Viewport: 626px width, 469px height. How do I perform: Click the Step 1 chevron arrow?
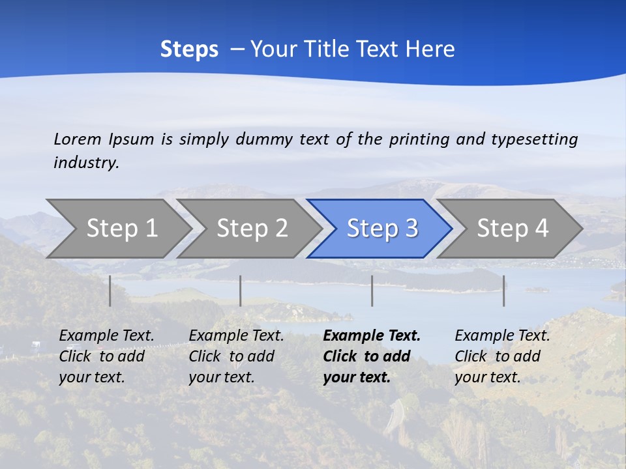(121, 229)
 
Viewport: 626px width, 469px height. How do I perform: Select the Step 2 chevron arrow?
(251, 229)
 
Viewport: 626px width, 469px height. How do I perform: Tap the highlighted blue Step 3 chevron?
(381, 229)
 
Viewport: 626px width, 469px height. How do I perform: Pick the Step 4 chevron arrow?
(512, 229)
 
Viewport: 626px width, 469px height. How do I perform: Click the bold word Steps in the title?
(189, 50)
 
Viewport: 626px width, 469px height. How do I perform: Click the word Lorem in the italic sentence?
(78, 139)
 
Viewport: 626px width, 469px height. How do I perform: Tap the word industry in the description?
(85, 163)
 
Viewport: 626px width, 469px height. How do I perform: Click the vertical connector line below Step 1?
(110, 291)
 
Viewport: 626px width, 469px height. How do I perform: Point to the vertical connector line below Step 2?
(241, 291)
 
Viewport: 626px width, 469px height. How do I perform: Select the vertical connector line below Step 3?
(372, 291)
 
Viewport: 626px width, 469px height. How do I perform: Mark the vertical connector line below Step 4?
(504, 291)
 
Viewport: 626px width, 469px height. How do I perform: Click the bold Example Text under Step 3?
(372, 336)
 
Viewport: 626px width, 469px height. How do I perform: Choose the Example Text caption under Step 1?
(106, 336)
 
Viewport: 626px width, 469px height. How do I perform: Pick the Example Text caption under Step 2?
(236, 336)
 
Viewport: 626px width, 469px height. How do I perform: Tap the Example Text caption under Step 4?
(502, 336)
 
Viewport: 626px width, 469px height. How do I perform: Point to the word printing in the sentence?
(419, 139)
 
